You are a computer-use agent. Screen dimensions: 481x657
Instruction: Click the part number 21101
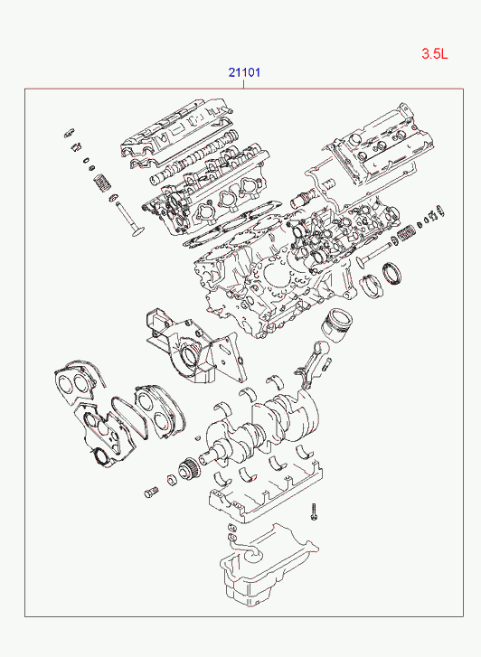[244, 72]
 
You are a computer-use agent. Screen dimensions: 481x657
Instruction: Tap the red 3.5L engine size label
[435, 53]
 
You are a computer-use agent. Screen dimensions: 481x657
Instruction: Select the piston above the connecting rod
[336, 326]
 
